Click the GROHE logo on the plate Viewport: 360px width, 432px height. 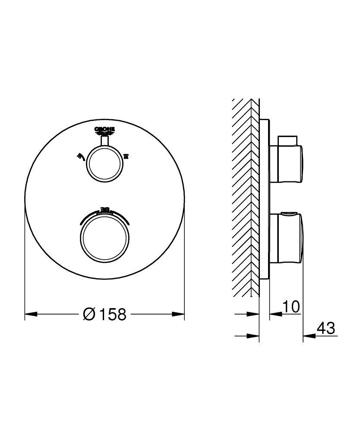(105, 131)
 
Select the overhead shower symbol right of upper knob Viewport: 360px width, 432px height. (126, 156)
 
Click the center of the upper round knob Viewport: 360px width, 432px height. (104, 163)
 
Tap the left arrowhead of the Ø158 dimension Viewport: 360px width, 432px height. (30, 314)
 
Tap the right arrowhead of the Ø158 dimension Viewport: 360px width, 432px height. (179, 314)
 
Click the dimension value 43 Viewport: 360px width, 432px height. (325, 329)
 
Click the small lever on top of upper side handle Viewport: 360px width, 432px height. (287, 140)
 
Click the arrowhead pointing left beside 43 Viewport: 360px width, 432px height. (307, 336)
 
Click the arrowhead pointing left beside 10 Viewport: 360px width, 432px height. (274, 314)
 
